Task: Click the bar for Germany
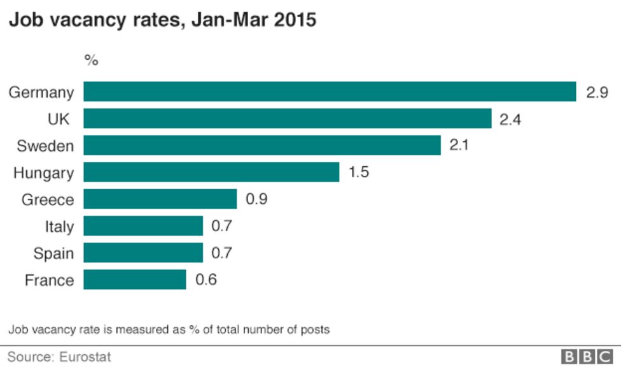coord(330,92)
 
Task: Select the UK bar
coord(288,118)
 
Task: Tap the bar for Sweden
coord(262,145)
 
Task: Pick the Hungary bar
coord(211,172)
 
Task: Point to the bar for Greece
coord(160,199)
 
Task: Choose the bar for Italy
coord(143,226)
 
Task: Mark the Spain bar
coord(143,253)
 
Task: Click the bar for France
coord(135,280)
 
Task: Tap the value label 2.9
coord(597,92)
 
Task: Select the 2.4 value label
coord(510,119)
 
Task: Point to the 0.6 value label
coord(206,280)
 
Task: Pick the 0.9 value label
coord(256,199)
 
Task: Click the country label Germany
coord(41,92)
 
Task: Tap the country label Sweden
coord(45,146)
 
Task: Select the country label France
coord(49,280)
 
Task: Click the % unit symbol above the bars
coord(92,61)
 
